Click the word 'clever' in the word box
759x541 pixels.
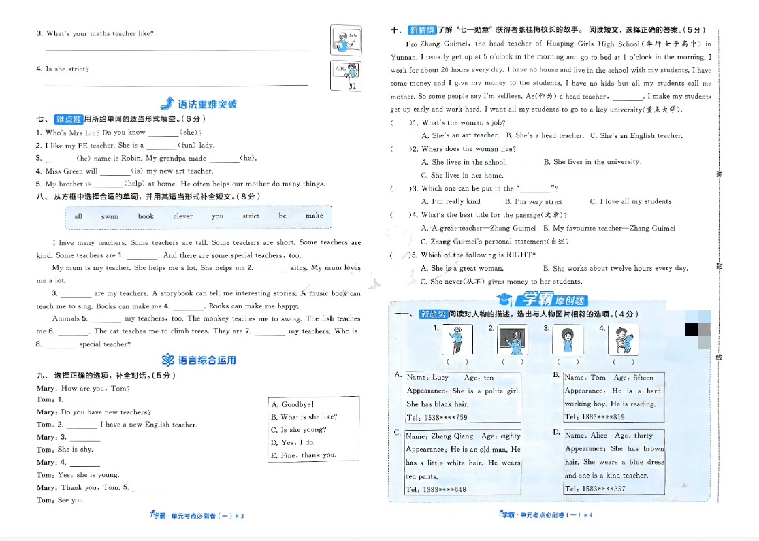(x=183, y=216)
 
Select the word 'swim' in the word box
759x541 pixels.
(x=109, y=216)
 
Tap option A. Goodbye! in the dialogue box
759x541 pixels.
(x=293, y=404)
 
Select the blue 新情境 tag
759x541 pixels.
(x=421, y=30)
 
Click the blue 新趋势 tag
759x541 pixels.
(x=433, y=314)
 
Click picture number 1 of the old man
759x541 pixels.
(x=457, y=340)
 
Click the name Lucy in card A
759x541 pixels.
(x=440, y=378)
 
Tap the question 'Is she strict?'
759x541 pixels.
(x=67, y=69)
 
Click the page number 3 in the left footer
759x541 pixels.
(x=242, y=516)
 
